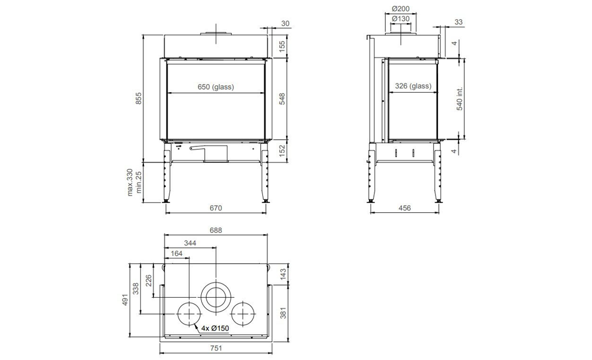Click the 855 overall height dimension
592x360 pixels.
(x=138, y=98)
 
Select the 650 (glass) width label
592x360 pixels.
(x=216, y=87)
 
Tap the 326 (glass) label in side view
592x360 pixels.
(x=413, y=86)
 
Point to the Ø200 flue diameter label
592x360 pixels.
(x=401, y=9)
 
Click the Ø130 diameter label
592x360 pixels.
(x=401, y=19)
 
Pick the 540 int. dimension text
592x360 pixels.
(x=459, y=99)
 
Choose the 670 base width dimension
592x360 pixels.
(x=216, y=208)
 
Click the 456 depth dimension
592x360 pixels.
(x=404, y=208)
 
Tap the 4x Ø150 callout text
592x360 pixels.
(x=215, y=328)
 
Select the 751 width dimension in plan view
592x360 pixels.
(x=216, y=348)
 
